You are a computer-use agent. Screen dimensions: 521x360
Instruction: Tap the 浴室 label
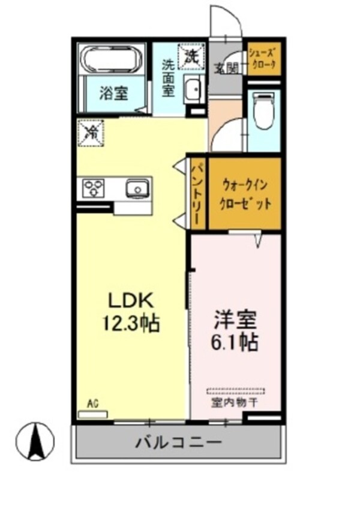pos(113,94)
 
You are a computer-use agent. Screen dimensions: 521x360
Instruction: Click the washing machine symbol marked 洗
pos(191,56)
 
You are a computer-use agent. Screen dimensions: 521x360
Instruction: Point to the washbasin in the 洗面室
pos(193,90)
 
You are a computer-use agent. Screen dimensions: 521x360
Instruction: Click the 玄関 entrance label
pos(226,67)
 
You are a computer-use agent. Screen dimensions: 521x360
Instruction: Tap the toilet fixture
pos(263,112)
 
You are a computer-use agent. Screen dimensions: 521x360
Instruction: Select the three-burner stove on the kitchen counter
pos(93,188)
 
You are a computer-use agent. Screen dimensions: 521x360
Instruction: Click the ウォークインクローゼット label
pos(246,193)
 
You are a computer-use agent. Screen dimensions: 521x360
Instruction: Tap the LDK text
pos(131,299)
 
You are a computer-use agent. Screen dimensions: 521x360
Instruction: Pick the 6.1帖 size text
pos(235,342)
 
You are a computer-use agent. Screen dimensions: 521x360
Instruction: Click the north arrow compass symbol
pos(35,441)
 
